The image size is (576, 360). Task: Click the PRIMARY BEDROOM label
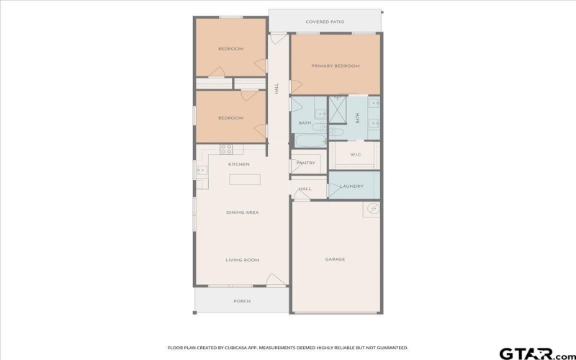tap(335, 66)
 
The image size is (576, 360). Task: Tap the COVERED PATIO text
tap(325, 22)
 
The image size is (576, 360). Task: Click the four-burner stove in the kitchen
tap(226, 150)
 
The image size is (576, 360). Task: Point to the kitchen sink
tap(202, 171)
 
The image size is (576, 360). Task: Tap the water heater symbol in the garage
tap(373, 210)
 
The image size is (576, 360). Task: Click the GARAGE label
tap(335, 259)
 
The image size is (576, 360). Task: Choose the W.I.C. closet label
tap(355, 154)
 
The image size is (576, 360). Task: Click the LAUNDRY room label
tap(351, 186)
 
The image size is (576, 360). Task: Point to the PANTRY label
tap(306, 163)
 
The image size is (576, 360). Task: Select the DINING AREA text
tap(243, 212)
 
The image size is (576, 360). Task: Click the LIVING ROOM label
tap(243, 260)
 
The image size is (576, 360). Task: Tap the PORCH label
tap(242, 301)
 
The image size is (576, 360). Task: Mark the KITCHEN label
tap(239, 164)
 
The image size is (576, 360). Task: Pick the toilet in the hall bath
tap(335, 132)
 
